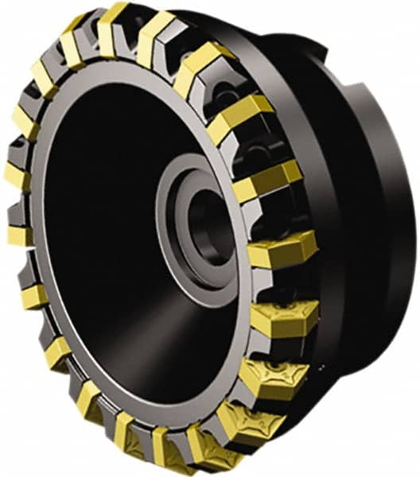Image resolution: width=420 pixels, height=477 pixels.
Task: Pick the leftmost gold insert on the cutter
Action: [x=17, y=235]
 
